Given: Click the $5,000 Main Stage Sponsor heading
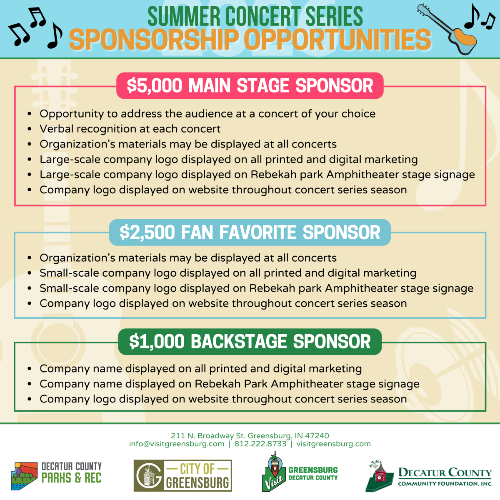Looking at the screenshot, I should tap(250, 86).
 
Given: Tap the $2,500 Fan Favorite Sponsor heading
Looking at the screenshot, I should tap(250, 232).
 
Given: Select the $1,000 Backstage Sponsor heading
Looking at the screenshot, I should tap(250, 342).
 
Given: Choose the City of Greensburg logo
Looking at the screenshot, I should tap(182, 475).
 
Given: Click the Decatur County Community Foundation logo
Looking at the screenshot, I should tap(429, 476).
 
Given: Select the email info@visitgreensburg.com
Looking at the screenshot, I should tap(177, 444).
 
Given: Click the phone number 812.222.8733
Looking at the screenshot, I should tap(260, 444).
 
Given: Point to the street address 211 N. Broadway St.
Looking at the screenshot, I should tap(208, 436).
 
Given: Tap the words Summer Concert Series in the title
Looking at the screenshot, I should tap(255, 17).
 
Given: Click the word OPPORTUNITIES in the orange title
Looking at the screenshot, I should tap(337, 40).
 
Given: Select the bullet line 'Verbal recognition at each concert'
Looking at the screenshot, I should tap(130, 129).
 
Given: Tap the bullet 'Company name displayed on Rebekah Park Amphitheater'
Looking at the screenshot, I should tap(229, 384).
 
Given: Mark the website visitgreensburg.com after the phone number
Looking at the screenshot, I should tap(333, 444).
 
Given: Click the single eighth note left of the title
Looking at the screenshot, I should tap(55, 36).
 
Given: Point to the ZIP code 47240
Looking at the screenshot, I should tap(318, 436).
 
